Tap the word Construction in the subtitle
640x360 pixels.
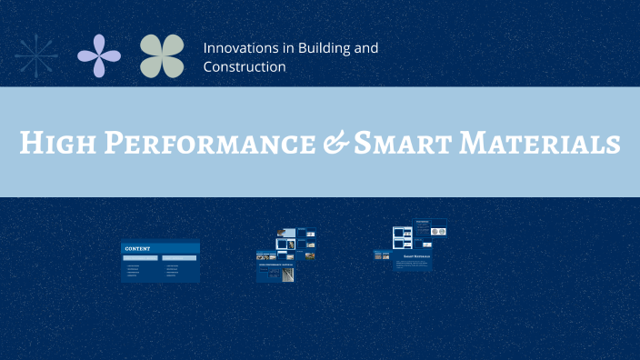click(245, 66)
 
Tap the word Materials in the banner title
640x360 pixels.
click(546, 143)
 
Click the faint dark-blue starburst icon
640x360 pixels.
click(36, 55)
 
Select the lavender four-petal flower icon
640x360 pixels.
click(99, 55)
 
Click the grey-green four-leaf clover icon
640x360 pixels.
click(162, 55)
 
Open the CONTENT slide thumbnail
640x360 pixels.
click(160, 262)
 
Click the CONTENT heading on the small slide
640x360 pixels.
click(137, 247)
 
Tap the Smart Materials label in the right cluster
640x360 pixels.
click(417, 256)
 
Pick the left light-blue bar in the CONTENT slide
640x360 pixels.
click(142, 257)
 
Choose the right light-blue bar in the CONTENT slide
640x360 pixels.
click(179, 257)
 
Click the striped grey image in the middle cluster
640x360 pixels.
click(288, 273)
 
